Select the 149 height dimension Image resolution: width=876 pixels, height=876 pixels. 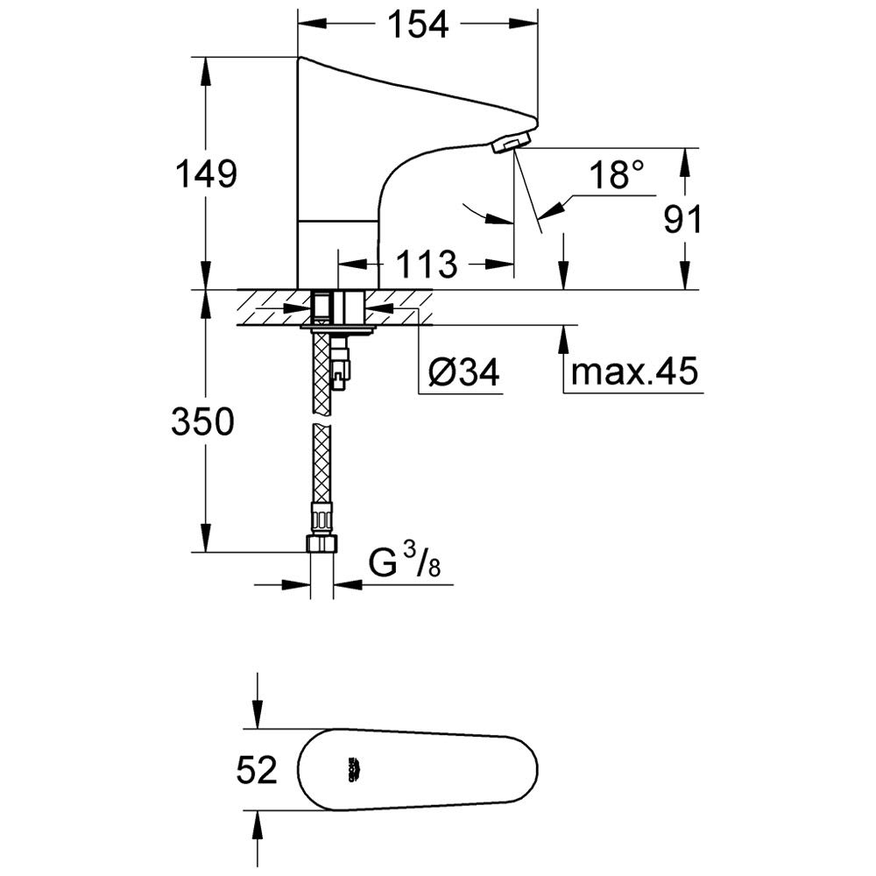pyautogui.click(x=204, y=175)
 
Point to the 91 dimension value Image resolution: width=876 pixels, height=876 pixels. pyautogui.click(x=682, y=221)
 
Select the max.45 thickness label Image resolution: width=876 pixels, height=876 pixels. pyautogui.click(x=634, y=373)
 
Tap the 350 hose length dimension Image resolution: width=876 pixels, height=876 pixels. pyautogui.click(x=204, y=423)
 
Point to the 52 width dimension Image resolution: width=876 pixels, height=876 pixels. pyautogui.click(x=257, y=771)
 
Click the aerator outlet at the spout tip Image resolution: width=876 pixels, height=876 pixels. pyautogui.click(x=512, y=142)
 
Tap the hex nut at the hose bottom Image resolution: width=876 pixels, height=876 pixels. pyautogui.click(x=321, y=542)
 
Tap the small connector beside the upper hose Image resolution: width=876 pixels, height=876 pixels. pyautogui.click(x=342, y=366)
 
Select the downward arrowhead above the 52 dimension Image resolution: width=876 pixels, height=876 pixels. pyautogui.click(x=257, y=714)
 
